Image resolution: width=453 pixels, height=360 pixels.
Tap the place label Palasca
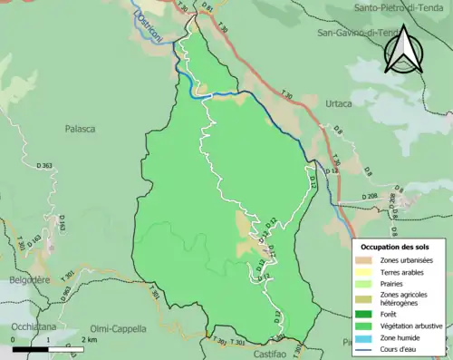pyautogui.click(x=80, y=129)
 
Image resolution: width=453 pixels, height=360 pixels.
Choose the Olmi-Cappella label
pyautogui.click(x=120, y=328)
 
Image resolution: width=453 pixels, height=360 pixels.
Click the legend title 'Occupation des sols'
pyautogui.click(x=396, y=247)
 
